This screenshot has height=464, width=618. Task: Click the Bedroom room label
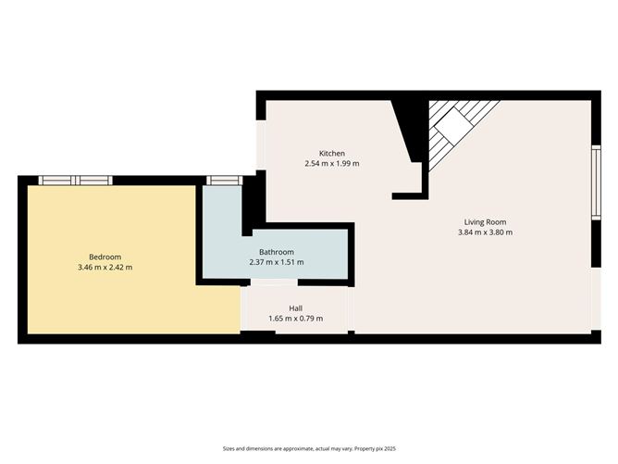point(105,257)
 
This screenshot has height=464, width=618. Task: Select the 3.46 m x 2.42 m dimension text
point(105,268)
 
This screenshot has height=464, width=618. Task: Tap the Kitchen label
point(332,153)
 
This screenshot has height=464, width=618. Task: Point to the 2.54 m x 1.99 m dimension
point(332,164)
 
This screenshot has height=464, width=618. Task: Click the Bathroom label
point(276,252)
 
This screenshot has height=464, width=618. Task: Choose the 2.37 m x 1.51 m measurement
point(276,263)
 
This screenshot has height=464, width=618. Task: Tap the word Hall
point(295,308)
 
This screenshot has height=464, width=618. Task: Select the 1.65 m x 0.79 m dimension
point(295,320)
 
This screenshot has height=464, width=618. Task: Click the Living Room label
point(485,221)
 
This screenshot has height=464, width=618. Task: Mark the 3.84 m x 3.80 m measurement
point(485,232)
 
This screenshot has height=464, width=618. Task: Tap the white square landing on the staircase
point(452,124)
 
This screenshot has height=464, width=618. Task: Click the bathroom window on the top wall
point(220,181)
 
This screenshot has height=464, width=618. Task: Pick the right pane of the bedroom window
point(93,181)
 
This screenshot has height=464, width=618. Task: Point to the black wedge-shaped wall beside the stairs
point(408,130)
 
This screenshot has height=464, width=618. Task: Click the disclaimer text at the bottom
point(308,448)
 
